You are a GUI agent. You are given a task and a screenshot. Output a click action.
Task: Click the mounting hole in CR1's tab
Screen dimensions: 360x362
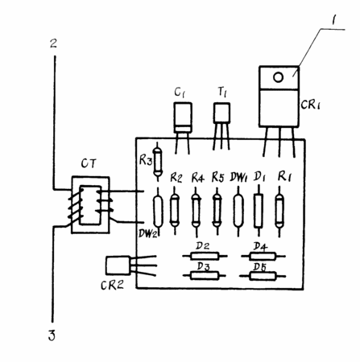click(x=278, y=77)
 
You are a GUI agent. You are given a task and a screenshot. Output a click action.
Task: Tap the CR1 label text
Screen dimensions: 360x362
click(x=310, y=105)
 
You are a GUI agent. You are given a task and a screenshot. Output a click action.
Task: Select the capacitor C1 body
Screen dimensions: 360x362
click(x=183, y=117)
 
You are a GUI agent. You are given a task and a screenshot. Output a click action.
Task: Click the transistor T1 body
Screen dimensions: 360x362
click(x=221, y=113)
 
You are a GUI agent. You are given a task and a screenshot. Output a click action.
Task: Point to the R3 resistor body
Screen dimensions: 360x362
click(x=157, y=162)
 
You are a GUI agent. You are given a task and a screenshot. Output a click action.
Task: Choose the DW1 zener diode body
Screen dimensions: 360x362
click(x=238, y=211)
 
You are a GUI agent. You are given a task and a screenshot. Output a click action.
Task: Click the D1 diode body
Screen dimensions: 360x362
click(x=259, y=211)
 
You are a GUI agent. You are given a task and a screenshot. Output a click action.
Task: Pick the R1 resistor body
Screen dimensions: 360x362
click(x=279, y=211)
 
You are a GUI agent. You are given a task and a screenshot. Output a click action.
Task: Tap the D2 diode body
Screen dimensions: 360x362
click(x=205, y=256)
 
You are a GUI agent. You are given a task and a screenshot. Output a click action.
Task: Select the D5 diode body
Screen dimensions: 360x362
click(x=263, y=276)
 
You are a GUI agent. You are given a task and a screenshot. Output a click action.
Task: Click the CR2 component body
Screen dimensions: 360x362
click(x=118, y=265)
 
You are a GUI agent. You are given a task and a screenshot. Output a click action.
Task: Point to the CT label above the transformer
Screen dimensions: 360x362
click(x=89, y=163)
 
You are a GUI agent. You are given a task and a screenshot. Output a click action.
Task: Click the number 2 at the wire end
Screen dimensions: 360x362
click(x=54, y=43)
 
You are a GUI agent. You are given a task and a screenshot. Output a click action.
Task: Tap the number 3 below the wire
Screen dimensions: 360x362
click(x=52, y=335)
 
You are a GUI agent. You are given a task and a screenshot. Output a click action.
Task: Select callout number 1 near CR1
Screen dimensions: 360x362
click(x=333, y=20)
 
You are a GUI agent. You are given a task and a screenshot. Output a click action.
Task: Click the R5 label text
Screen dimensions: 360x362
click(x=217, y=177)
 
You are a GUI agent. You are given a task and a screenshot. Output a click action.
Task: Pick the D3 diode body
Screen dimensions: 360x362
click(x=205, y=276)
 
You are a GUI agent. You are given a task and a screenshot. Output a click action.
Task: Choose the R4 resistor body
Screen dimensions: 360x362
click(x=197, y=211)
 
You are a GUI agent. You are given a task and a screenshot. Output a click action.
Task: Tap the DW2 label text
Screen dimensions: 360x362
click(x=147, y=233)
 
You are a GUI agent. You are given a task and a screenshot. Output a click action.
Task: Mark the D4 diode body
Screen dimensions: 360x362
click(x=263, y=256)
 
